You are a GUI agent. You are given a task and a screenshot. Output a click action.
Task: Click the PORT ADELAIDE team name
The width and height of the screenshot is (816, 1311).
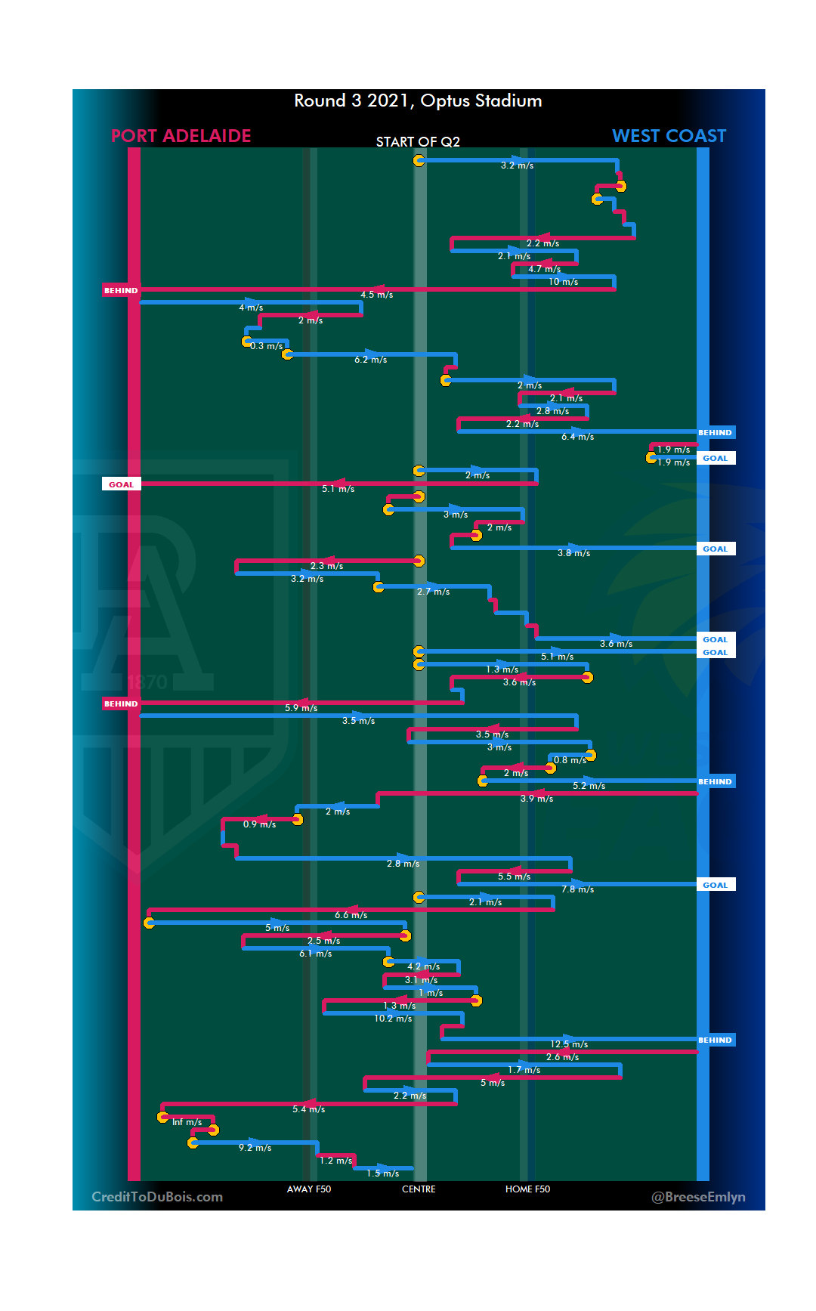pyautogui.click(x=181, y=136)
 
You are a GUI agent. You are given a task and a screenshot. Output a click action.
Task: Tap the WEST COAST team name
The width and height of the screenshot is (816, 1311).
pyautogui.click(x=669, y=136)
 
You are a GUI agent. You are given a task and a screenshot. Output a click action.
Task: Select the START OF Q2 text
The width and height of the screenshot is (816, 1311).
pyautogui.click(x=418, y=142)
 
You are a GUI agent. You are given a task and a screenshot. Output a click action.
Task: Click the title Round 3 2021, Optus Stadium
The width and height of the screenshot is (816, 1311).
pyautogui.click(x=418, y=100)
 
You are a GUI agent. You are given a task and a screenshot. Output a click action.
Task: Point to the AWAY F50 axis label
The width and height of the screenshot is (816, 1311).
pyautogui.click(x=309, y=1189)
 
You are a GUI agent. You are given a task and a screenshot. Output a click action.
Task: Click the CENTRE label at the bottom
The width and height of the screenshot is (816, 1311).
pyautogui.click(x=419, y=1189)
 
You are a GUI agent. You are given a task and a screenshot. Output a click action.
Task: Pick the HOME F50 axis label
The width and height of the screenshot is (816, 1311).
pyautogui.click(x=527, y=1189)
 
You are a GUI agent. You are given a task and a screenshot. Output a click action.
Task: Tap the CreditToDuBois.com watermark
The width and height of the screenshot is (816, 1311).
pyautogui.click(x=157, y=1197)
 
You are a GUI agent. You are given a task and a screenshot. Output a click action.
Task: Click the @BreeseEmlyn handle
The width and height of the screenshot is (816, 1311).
pyautogui.click(x=698, y=1197)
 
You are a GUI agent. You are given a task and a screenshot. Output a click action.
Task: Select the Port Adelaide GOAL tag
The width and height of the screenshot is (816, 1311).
pyautogui.click(x=121, y=484)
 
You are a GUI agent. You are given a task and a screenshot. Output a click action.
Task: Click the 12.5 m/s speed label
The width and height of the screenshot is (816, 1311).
pyautogui.click(x=569, y=1044)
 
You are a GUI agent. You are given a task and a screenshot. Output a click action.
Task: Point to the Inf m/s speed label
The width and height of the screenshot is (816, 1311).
pyautogui.click(x=187, y=1122)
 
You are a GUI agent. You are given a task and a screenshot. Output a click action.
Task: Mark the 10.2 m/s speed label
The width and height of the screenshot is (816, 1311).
pyautogui.click(x=393, y=1019)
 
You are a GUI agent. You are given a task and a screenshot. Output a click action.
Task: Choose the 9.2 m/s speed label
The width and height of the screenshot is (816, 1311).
pyautogui.click(x=255, y=1148)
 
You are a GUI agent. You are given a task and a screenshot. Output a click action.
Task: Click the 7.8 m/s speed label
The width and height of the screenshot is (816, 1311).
pyautogui.click(x=577, y=889)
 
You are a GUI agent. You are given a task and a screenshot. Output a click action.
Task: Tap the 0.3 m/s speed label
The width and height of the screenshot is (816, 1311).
pyautogui.click(x=267, y=346)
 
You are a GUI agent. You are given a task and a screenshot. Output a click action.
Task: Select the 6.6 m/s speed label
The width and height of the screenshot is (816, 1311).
pyautogui.click(x=351, y=915)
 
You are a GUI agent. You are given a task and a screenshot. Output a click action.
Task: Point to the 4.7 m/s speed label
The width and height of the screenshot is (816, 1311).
pyautogui.click(x=544, y=269)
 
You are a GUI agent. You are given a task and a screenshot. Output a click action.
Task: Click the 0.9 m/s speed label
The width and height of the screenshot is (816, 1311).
pyautogui.click(x=259, y=824)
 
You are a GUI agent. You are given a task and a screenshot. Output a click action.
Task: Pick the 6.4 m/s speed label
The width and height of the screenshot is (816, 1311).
pyautogui.click(x=577, y=437)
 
